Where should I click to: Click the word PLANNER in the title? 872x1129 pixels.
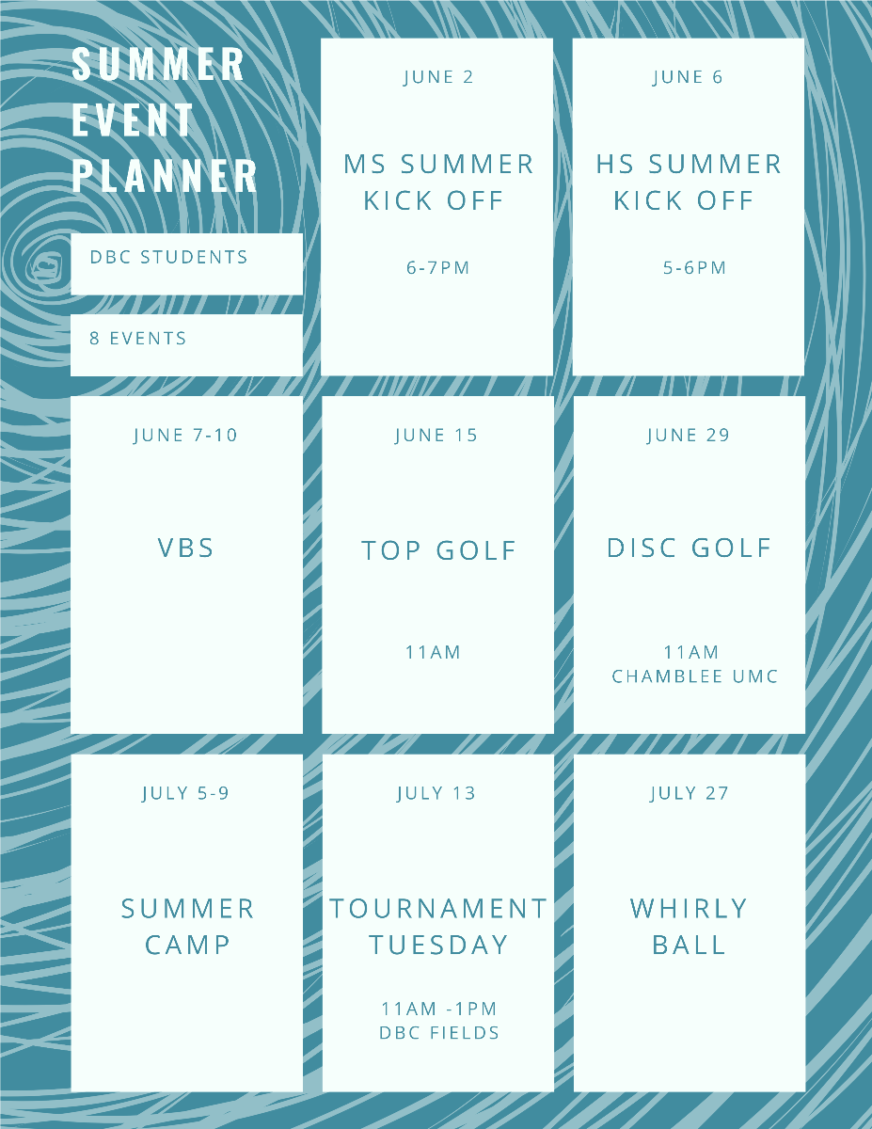coord(165,176)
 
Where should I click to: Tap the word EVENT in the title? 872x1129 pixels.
coord(133,120)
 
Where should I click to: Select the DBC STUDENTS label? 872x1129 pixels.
coord(168,257)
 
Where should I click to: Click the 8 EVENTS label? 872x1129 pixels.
coord(137,339)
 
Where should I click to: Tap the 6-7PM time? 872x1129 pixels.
coord(437,267)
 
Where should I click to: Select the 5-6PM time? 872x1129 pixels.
coord(694,267)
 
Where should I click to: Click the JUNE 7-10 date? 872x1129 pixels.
coord(185,435)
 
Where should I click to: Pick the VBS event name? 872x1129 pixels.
coord(186,548)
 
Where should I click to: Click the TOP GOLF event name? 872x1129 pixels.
coord(439,550)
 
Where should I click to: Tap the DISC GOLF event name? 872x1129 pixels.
coord(690,548)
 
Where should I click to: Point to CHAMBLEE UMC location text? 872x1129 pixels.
coord(695,676)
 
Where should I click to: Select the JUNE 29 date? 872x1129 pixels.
coord(689,435)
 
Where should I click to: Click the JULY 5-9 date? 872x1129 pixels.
coord(185,793)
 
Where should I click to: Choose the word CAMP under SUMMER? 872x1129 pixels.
coord(187,945)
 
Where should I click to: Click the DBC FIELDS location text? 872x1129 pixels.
coord(439,1032)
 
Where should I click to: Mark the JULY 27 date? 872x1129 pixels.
coord(690,793)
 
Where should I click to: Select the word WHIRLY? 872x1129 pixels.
coord(689,908)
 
